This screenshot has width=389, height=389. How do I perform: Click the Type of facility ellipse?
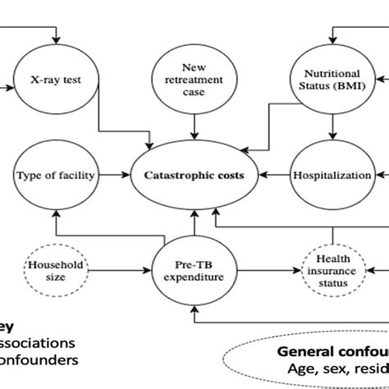tap(56, 174)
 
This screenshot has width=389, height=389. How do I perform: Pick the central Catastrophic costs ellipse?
tap(194, 174)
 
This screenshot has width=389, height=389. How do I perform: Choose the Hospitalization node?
tap(332, 174)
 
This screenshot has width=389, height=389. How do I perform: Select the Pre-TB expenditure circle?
tap(194, 270)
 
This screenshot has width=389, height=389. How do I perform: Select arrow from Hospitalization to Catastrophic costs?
tap(274, 174)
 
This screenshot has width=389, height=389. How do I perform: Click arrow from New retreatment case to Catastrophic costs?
tap(194, 125)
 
